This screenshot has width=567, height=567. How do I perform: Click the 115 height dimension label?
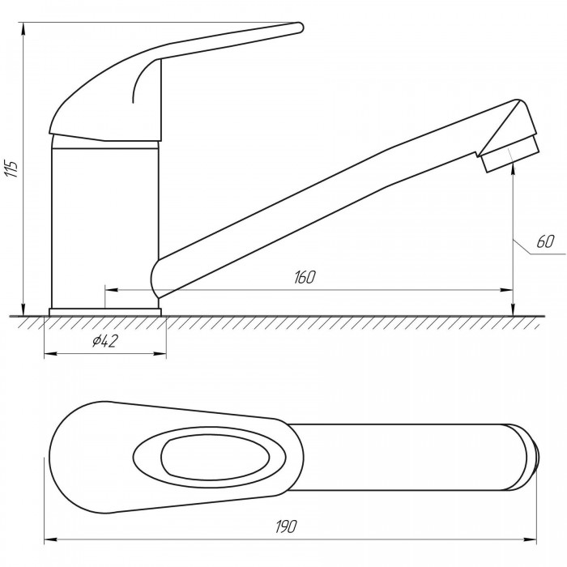[11, 168]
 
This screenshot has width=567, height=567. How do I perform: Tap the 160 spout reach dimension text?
[305, 277]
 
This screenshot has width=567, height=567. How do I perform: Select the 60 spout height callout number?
[545, 241]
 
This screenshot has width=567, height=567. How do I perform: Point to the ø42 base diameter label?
[104, 341]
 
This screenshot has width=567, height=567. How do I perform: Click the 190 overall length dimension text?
[286, 526]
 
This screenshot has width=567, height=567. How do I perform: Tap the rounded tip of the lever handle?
[301, 28]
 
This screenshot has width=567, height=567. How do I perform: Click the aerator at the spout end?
[510, 155]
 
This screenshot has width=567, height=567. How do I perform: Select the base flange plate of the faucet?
[104, 312]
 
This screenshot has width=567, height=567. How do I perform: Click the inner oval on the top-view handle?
[215, 457]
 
